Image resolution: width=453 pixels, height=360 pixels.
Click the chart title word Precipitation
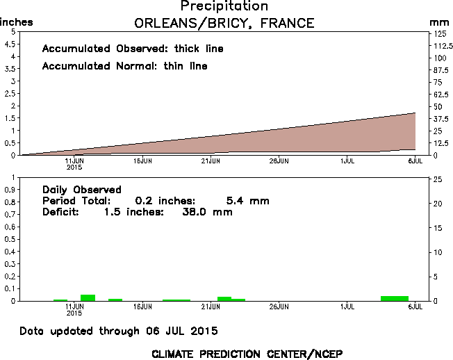[224, 6]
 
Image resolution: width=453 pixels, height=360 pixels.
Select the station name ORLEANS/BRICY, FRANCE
[224, 23]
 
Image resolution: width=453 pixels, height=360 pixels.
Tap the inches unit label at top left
[16, 23]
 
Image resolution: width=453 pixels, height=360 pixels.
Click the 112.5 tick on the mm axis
[440, 45]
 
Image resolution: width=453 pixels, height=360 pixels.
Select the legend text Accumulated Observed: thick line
[133, 49]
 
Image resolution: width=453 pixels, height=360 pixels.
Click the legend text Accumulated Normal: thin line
[124, 66]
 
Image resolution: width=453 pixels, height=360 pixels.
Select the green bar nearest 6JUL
[395, 298]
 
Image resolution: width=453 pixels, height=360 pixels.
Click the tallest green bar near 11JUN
[88, 297]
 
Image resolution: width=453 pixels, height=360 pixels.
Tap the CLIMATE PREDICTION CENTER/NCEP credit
[247, 353]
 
